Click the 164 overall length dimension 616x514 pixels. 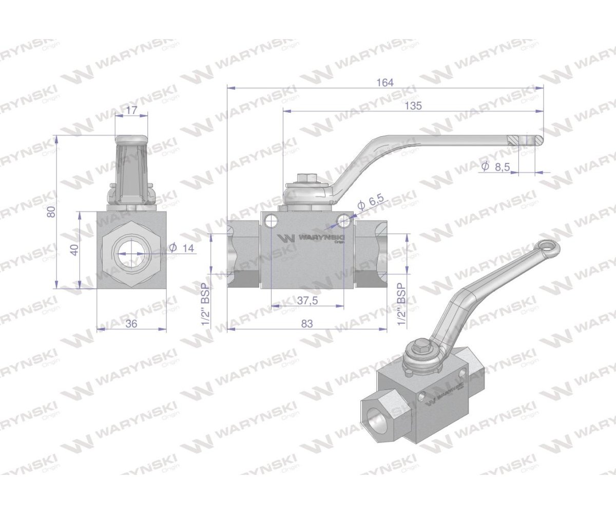pos(385,82)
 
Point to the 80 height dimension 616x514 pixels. pos(51,211)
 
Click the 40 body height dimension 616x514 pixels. pos(74,250)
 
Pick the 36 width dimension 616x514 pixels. pos(131,323)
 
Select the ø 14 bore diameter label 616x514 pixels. pos(183,248)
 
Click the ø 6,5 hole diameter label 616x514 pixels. pos(371,203)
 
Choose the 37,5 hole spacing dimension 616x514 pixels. pos(307,301)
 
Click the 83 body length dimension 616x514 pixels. pos(306,323)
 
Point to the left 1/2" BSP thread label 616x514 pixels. pos(206,304)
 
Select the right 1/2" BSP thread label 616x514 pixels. pos(401,304)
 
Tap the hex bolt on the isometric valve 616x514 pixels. pos(422,348)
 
